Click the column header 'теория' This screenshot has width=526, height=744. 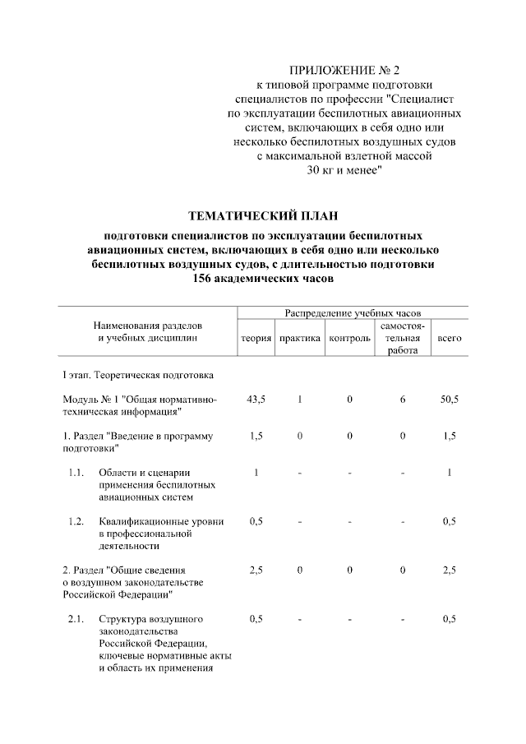tap(256, 339)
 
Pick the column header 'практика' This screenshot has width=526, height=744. tap(300, 339)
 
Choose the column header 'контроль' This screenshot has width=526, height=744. tap(349, 339)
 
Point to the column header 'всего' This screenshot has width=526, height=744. tap(449, 339)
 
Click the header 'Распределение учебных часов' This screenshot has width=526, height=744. tap(353, 313)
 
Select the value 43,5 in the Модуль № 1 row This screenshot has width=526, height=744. tap(256, 399)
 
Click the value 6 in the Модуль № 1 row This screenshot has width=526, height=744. tap(403, 399)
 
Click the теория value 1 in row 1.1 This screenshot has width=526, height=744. tap(256, 473)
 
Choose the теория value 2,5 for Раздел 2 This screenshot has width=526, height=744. tap(256, 570)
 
